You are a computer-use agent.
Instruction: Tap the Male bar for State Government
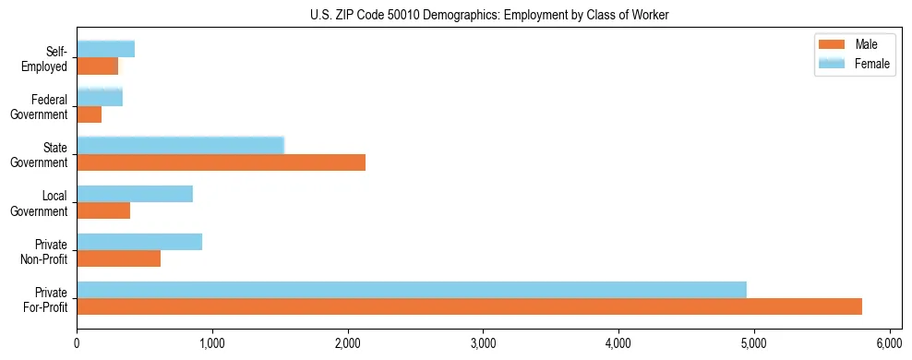point(221,162)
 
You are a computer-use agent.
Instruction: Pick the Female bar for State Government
point(180,145)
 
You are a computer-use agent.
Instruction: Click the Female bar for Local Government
point(135,194)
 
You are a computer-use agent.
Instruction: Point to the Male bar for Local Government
point(103,210)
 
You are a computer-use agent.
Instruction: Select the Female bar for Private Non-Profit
point(139,242)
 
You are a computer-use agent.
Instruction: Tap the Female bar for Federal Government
point(100,97)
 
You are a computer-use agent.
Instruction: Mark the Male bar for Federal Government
point(89,114)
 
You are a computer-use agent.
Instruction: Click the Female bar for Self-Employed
point(105,49)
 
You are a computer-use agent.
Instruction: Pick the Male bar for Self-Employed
point(97,66)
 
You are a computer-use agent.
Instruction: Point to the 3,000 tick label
point(483,345)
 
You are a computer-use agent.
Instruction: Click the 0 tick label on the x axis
point(77,345)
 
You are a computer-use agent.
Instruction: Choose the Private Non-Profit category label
point(46,251)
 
